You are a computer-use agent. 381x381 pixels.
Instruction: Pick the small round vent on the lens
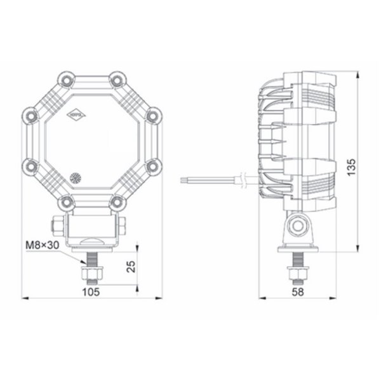(76, 178)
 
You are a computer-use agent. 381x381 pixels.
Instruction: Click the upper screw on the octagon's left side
(30, 115)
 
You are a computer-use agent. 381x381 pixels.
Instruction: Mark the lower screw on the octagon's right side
(151, 166)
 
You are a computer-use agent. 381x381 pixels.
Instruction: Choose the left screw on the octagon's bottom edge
(65, 202)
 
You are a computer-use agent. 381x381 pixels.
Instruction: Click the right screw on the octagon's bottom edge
(116, 202)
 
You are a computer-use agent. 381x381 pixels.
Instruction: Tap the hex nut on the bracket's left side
(55, 225)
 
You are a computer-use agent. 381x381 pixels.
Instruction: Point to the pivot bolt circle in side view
(297, 224)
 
